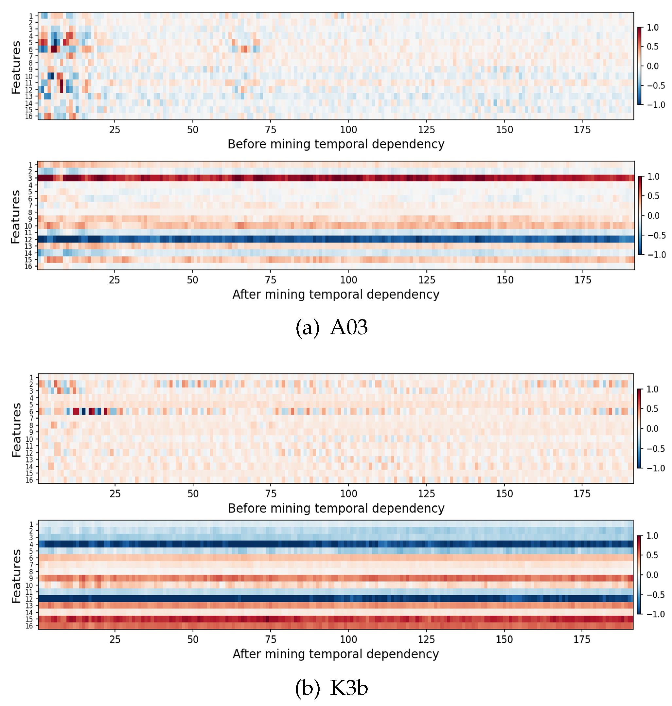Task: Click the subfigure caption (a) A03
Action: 332,328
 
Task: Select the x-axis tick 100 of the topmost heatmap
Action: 348,130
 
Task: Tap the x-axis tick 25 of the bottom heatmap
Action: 115,639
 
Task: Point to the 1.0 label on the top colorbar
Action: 653,27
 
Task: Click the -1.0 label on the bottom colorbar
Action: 656,614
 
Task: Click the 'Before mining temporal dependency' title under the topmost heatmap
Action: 336,144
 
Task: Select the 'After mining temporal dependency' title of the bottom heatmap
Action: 336,654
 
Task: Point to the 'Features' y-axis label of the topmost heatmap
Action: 16,67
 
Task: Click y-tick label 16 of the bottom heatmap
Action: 29,626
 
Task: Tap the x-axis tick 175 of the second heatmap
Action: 583,280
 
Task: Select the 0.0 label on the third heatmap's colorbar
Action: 652,429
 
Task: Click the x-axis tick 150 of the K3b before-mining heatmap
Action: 504,494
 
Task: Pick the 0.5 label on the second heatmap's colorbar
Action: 653,196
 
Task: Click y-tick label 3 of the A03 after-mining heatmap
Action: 30,178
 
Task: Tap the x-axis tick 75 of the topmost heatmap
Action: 271,130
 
